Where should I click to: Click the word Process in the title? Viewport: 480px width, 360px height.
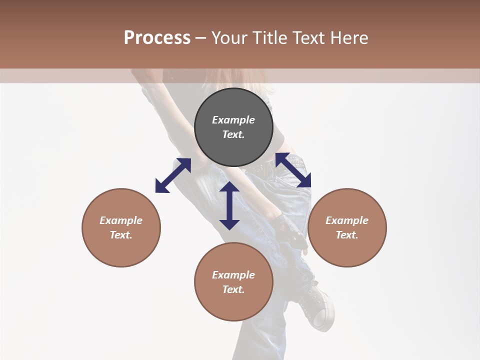click(x=157, y=38)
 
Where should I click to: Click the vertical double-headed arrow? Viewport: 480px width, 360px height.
click(x=229, y=205)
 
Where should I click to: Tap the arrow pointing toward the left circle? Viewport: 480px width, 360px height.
click(x=173, y=175)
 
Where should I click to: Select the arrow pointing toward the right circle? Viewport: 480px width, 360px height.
click(x=293, y=170)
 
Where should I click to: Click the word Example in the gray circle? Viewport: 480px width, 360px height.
click(x=233, y=120)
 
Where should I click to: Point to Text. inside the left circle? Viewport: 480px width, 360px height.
click(x=121, y=235)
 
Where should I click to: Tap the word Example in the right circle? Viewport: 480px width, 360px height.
click(x=347, y=220)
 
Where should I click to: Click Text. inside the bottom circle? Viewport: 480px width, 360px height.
click(x=233, y=289)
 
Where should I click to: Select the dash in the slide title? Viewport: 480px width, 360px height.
click(x=201, y=38)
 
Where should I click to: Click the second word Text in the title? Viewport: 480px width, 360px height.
click(x=308, y=38)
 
